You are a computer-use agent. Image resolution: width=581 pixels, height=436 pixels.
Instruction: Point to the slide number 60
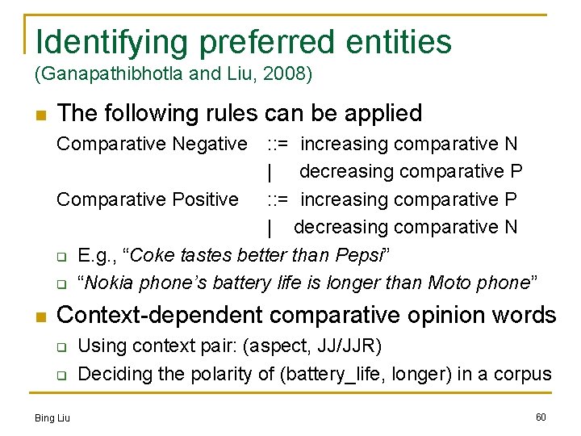click(541, 417)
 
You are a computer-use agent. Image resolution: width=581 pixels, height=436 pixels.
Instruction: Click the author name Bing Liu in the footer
click(52, 417)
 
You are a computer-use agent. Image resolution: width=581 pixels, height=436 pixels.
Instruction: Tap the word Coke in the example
click(149, 256)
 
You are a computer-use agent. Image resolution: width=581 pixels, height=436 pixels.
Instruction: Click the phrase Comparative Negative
click(151, 145)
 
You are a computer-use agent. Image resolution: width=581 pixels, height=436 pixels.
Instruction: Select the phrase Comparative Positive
click(147, 199)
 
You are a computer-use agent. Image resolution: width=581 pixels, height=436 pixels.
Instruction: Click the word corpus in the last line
click(524, 374)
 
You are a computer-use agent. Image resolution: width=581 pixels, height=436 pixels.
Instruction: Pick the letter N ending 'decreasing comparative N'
click(510, 228)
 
